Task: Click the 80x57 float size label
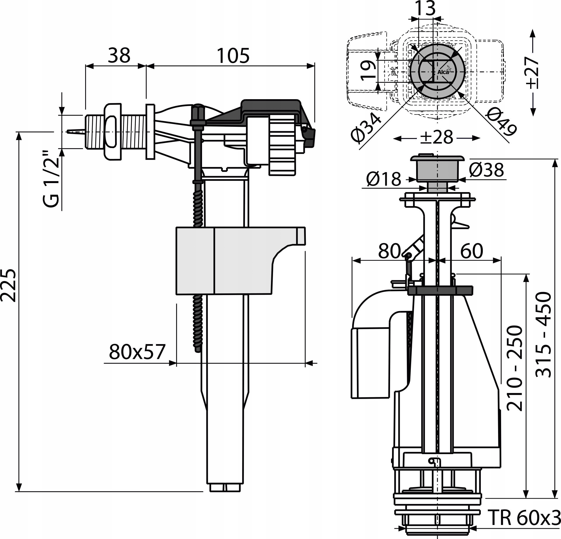[137, 352]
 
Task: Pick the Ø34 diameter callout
[367, 127]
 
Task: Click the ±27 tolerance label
[532, 73]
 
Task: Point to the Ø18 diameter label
[384, 179]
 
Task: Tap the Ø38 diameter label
[486, 170]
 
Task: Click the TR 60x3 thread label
[524, 517]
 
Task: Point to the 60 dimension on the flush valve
[472, 251]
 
